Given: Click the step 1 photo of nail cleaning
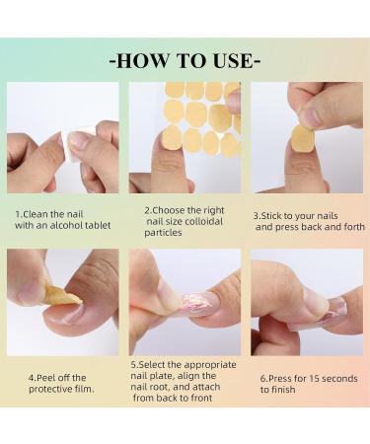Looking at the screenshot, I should pyautogui.click(x=62, y=137).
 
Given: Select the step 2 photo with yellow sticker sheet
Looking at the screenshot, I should pyautogui.click(x=185, y=137).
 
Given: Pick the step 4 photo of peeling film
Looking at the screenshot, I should pyautogui.click(x=62, y=302).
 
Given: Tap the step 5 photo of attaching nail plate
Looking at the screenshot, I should pyautogui.click(x=185, y=302).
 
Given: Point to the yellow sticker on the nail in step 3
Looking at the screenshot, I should pyautogui.click(x=303, y=138).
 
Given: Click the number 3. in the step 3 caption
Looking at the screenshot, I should pyautogui.click(x=258, y=214).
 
